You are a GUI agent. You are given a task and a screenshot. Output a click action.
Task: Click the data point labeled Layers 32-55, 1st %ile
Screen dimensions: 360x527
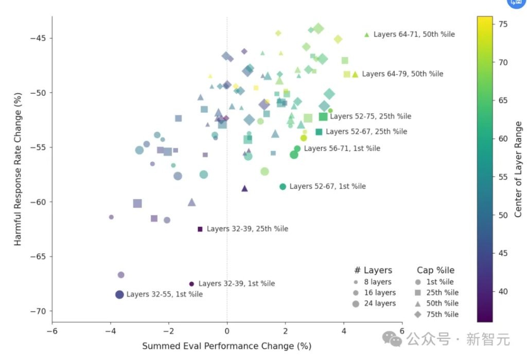pos(119,295)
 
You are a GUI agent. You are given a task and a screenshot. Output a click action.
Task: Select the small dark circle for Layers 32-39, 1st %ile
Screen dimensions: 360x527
pos(191,284)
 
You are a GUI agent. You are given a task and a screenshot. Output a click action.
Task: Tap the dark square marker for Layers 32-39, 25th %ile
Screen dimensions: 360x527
pos(200,229)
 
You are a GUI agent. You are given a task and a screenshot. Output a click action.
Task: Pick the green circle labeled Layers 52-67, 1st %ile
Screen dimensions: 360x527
pos(283,186)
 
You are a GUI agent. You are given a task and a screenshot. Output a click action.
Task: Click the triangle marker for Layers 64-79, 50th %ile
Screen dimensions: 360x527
pos(355,74)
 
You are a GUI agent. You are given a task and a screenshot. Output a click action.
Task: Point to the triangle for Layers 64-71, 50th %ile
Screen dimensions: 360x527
pos(366,35)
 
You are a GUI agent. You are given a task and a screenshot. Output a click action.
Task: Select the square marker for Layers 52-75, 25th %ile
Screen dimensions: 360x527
pos(323,116)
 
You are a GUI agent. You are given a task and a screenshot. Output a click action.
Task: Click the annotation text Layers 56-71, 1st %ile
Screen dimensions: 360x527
pos(342,148)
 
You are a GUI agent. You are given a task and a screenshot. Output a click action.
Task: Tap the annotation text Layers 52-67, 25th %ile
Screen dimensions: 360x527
pos(366,132)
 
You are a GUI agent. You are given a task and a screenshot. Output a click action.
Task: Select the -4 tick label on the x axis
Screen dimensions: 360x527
pos(110,332)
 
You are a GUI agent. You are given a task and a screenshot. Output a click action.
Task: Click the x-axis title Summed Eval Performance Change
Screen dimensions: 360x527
pos(226,346)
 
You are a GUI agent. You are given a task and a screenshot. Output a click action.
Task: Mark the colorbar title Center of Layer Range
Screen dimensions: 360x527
pos(518,169)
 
